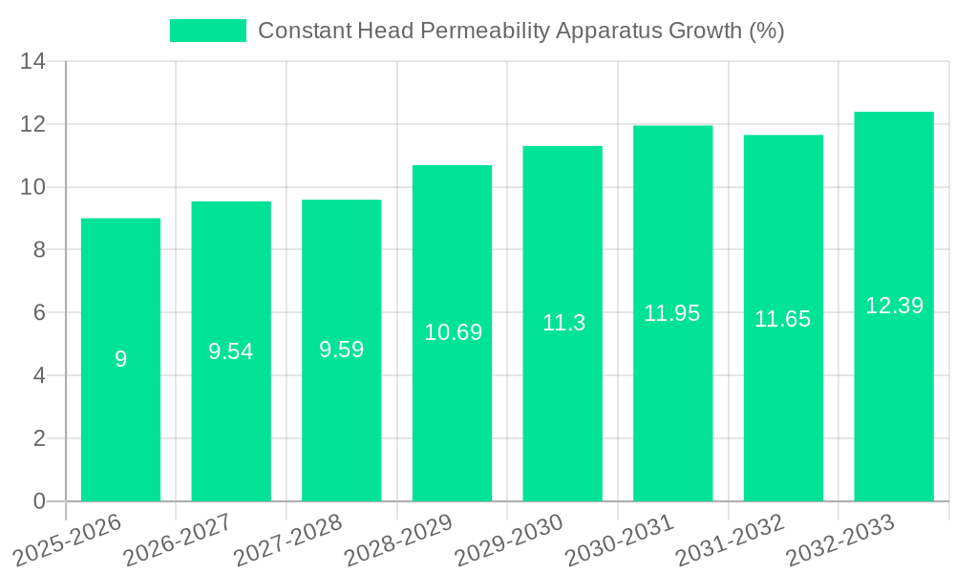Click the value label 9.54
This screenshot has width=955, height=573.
pyautogui.click(x=231, y=351)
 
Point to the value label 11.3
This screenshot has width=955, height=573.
pyautogui.click(x=563, y=323)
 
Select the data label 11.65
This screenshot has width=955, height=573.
pyautogui.click(x=783, y=319)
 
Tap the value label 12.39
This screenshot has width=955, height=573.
pyautogui.click(x=894, y=306)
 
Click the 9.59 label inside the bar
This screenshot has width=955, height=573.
pyautogui.click(x=342, y=350)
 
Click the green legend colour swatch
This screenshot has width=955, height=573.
pyautogui.click(x=207, y=31)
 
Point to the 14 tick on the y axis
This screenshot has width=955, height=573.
pyautogui.click(x=33, y=62)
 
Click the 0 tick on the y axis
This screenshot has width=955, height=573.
pyautogui.click(x=39, y=501)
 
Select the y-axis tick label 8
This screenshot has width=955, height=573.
pyautogui.click(x=39, y=250)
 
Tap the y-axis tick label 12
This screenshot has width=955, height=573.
pyautogui.click(x=33, y=125)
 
